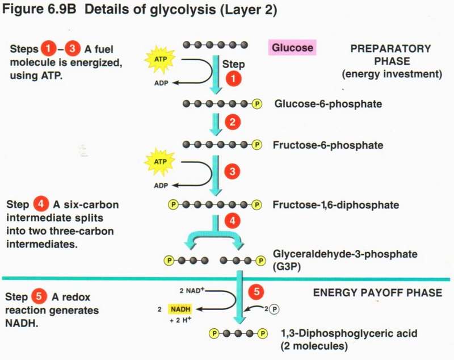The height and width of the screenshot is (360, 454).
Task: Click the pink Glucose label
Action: (x=292, y=48)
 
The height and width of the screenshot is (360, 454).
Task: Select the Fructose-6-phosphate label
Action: (x=329, y=145)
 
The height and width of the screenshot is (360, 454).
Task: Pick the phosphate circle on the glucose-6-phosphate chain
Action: (x=258, y=104)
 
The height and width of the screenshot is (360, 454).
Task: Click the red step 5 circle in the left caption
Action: (x=38, y=298)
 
